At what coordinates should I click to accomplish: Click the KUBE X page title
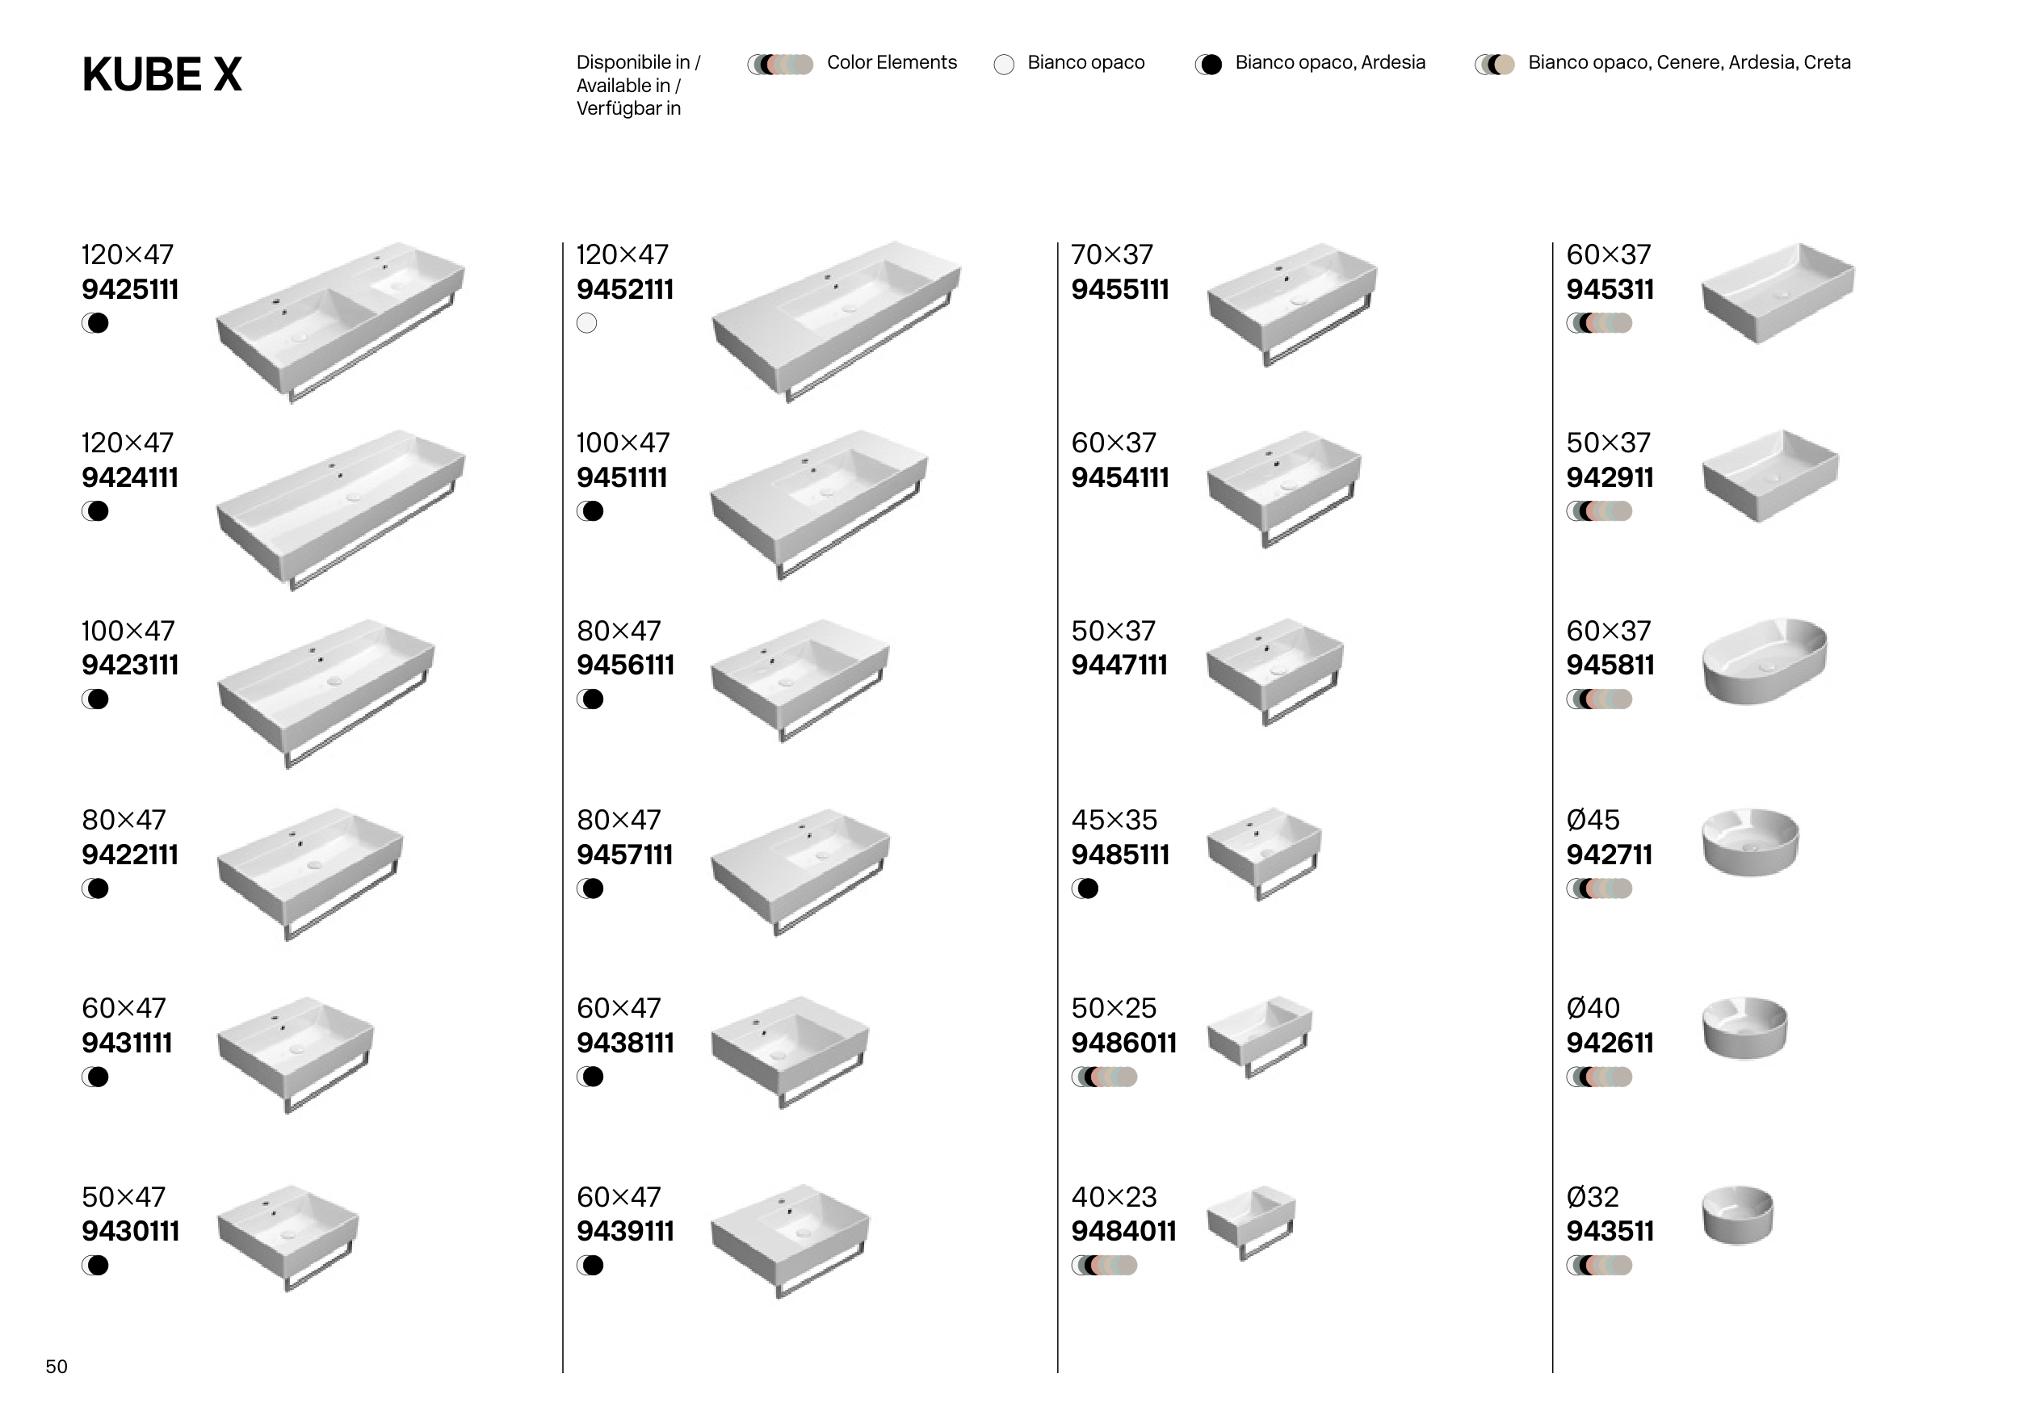click(162, 75)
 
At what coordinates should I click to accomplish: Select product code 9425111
click(130, 289)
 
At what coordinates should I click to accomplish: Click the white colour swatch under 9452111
click(586, 323)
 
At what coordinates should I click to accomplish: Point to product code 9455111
click(1119, 289)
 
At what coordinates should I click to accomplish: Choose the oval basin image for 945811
click(1764, 661)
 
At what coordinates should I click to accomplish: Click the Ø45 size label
click(1593, 820)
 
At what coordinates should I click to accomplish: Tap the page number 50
click(57, 1367)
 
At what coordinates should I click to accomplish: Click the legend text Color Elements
click(891, 62)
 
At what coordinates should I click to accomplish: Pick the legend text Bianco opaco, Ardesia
click(1329, 62)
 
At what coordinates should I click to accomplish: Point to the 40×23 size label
click(1113, 1197)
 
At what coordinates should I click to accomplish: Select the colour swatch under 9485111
click(1085, 889)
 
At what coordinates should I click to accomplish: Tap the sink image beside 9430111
click(288, 1236)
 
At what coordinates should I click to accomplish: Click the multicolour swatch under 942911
click(1599, 511)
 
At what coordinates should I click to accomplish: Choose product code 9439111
click(625, 1231)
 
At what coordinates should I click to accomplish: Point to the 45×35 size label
click(1113, 820)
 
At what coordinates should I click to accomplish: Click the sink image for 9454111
click(1284, 487)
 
